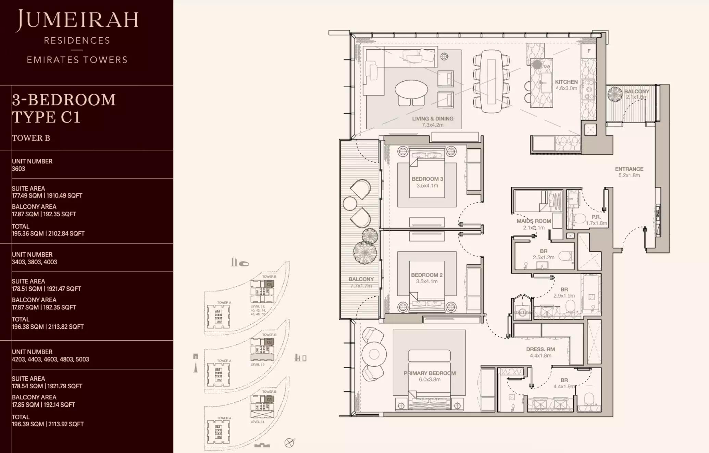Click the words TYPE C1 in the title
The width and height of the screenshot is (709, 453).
click(46, 117)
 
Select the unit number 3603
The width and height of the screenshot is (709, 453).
click(18, 169)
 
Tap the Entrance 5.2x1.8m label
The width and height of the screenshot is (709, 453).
click(629, 172)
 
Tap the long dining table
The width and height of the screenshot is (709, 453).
click(491, 81)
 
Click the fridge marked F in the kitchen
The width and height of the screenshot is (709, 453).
click(589, 51)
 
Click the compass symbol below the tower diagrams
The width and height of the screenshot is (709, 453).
click(289, 443)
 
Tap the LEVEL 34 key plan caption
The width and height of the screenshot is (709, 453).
click(257, 422)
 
